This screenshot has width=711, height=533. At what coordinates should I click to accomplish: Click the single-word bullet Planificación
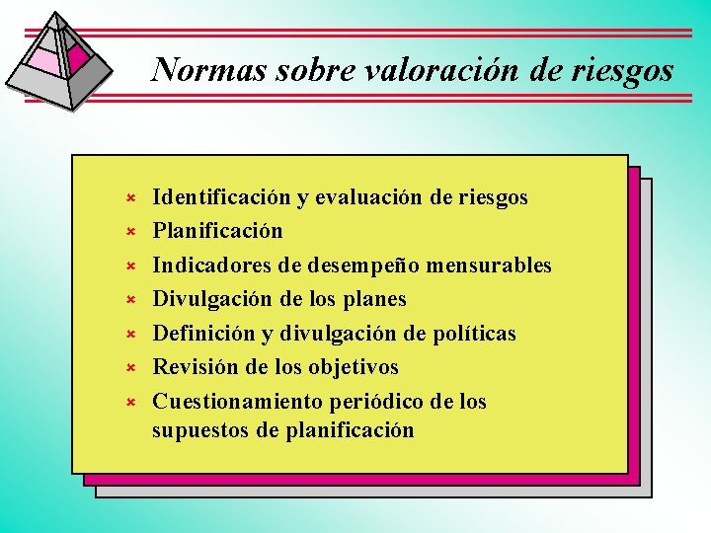tap(217, 231)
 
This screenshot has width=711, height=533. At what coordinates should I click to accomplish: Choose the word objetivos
tap(354, 367)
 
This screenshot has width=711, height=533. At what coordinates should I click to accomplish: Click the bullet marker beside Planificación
tap(127, 232)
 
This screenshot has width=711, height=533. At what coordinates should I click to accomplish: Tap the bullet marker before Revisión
tap(127, 368)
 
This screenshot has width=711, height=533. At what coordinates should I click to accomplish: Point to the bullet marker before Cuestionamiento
tap(127, 403)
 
